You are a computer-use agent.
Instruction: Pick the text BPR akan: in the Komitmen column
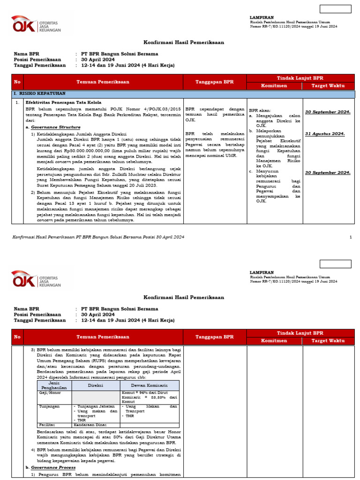pyautogui.click(x=260, y=110)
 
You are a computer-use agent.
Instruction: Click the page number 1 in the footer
pyautogui.click(x=351, y=237)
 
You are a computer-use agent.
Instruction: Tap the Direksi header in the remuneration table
pyautogui.click(x=96, y=385)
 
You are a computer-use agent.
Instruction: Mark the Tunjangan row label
pyautogui.click(x=48, y=406)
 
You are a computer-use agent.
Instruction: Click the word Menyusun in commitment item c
pyautogui.click(x=266, y=172)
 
